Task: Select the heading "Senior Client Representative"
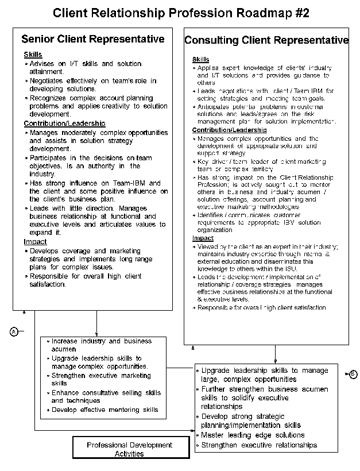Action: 92,39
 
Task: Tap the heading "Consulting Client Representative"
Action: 266,40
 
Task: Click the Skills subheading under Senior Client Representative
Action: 33,55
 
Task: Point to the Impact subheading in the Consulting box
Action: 203,238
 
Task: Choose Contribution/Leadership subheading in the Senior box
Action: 64,123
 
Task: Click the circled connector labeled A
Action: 14,331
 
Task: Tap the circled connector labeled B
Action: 353,375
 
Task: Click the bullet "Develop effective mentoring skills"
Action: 104,410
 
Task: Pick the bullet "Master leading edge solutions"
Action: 253,435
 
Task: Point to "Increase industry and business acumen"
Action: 101,345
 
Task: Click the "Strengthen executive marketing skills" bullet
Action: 101,380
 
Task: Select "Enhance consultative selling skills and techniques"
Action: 106,397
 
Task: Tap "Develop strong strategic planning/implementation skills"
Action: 250,421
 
